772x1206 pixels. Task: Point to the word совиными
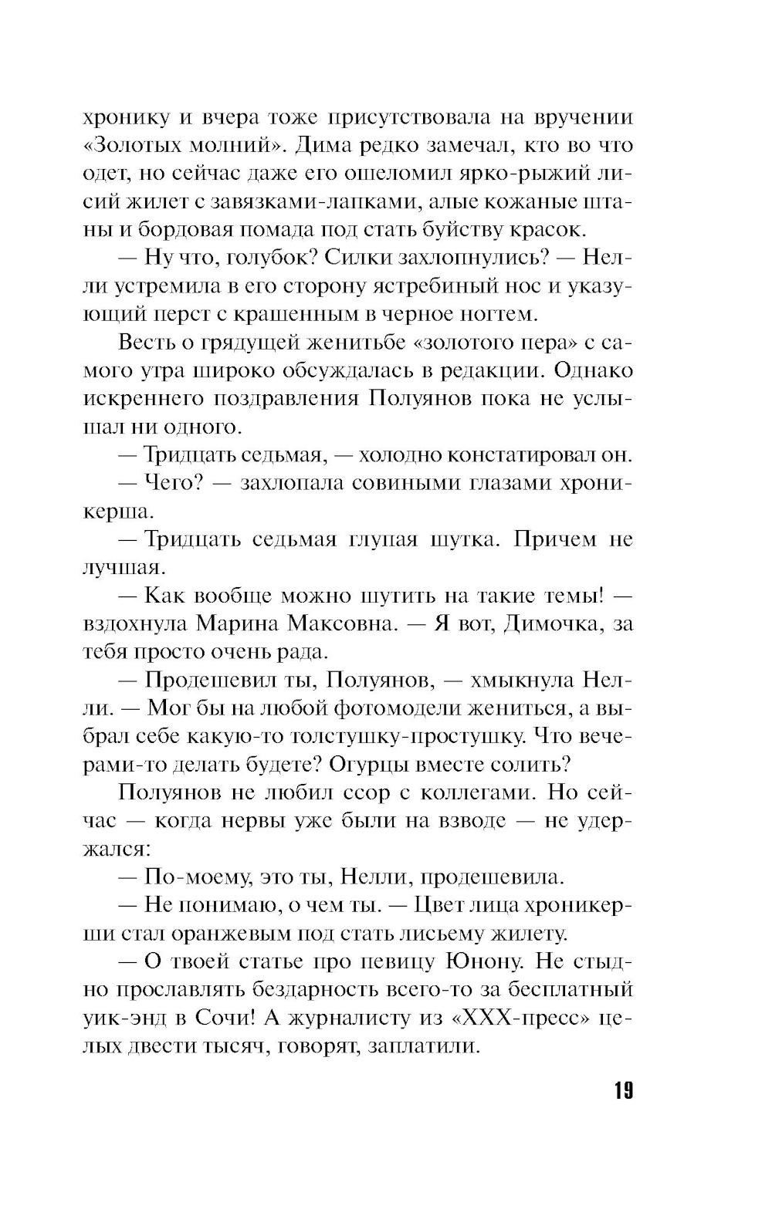coord(407,483)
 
